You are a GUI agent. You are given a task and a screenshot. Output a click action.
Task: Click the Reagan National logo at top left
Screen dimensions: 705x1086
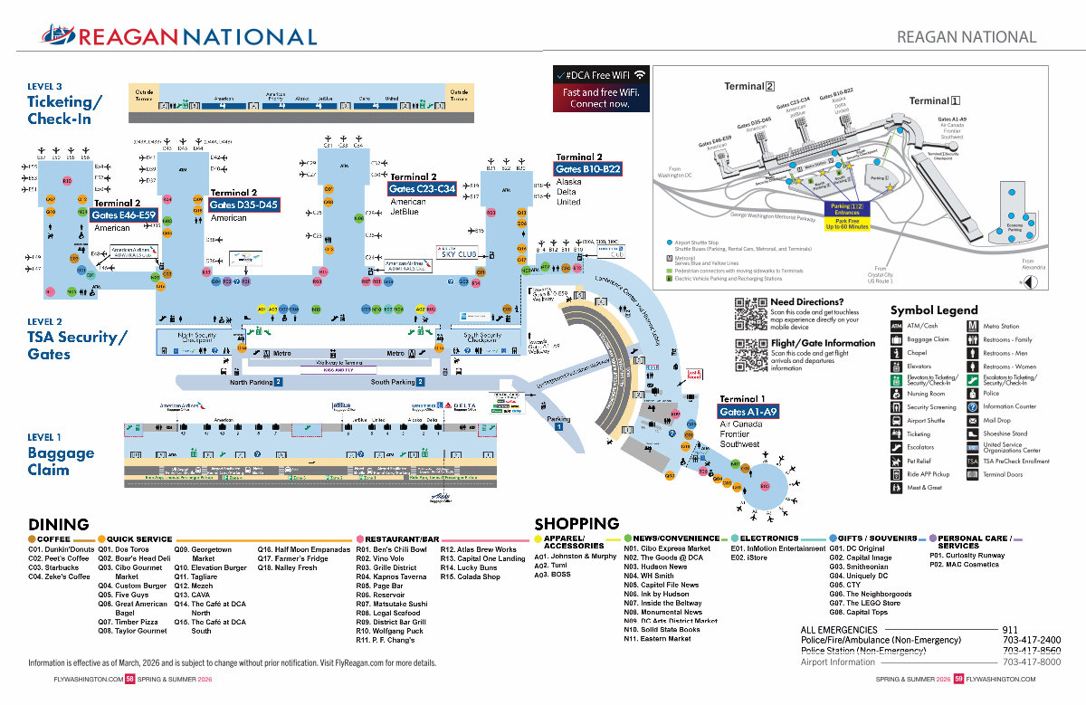coord(179,36)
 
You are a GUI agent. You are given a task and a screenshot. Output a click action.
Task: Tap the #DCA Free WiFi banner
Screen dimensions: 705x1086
coord(601,89)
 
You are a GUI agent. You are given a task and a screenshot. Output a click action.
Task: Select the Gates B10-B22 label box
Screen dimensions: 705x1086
coord(587,169)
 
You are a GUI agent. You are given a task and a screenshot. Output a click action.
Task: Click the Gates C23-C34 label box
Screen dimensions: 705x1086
coord(422,189)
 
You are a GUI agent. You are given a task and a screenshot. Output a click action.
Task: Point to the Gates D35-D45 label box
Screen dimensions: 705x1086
coord(243,205)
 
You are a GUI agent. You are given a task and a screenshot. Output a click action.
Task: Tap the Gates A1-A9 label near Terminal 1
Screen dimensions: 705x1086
coord(748,412)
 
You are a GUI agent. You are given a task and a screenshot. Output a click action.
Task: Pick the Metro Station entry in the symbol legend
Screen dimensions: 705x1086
coord(1001,326)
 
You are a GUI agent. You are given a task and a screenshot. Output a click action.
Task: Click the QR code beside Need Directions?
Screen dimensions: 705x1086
coord(750,313)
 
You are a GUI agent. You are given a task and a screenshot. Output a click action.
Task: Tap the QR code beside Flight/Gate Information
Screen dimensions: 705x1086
coord(750,354)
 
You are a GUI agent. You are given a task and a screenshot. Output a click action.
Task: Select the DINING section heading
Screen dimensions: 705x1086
coord(59,525)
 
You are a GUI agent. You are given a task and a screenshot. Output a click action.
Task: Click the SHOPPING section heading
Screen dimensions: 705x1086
coord(576,524)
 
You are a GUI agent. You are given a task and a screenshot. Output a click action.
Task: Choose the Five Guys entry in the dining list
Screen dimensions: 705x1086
coord(123,595)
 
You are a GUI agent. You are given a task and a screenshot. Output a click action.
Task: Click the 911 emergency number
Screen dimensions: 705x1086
coord(1010,630)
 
